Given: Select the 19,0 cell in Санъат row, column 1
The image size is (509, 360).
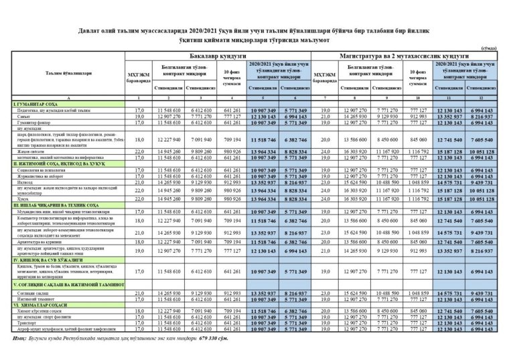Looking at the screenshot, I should pyautogui.click(x=140, y=115).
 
